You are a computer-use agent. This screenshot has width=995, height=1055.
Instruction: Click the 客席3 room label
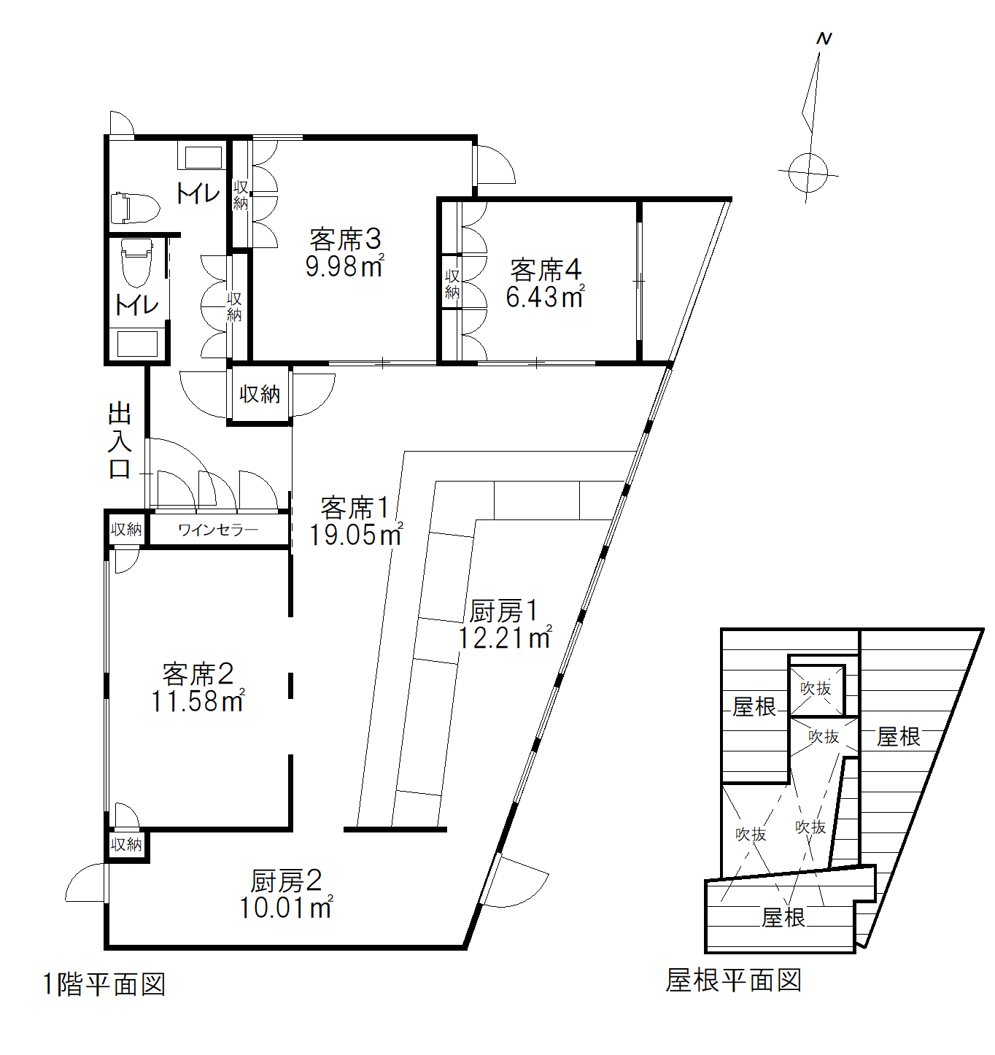point(345,239)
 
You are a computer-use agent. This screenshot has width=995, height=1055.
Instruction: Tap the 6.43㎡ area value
point(545,297)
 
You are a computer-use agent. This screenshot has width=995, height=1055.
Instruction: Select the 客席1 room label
point(355,508)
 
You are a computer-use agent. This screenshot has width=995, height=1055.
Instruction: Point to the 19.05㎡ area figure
point(355,535)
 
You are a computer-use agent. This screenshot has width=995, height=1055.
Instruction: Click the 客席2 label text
point(198,673)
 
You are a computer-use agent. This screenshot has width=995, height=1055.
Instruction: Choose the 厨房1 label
point(503,611)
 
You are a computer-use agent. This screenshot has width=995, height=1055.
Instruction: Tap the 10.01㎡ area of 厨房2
point(286,908)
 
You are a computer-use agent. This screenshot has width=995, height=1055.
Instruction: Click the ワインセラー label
point(217,530)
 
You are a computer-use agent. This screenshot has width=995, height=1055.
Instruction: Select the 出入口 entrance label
point(120,440)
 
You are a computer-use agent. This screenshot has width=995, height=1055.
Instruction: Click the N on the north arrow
point(824,39)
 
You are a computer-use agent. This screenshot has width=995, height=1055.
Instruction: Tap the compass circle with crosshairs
point(808,174)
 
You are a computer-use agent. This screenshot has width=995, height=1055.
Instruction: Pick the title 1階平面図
point(104,984)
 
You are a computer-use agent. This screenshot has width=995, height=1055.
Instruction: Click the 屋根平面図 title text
point(733,980)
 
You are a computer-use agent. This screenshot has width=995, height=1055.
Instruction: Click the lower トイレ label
point(137,305)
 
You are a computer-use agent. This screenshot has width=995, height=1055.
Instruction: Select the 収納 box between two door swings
point(260,395)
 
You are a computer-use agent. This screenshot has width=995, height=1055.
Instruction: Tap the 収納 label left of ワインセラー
point(126,530)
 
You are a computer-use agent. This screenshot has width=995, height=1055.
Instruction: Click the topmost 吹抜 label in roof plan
point(816,688)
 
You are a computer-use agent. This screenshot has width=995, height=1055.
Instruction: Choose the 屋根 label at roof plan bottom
point(783,917)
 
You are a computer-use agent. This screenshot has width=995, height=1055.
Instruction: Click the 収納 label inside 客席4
point(452,284)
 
